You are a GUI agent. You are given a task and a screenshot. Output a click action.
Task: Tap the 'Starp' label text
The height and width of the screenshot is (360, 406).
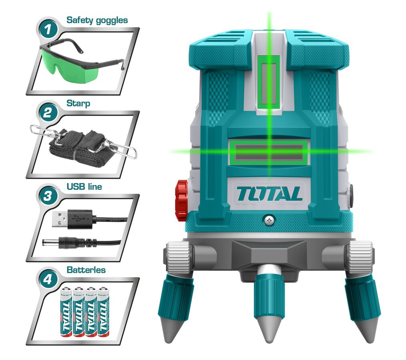point(78,103)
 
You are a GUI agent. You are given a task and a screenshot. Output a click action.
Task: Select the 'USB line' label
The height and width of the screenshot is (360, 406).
point(84,186)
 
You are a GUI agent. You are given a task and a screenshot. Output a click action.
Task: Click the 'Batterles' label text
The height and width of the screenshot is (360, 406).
point(86,270)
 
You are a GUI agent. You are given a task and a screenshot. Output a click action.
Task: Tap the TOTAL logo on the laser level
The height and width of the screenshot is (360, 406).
point(269,194)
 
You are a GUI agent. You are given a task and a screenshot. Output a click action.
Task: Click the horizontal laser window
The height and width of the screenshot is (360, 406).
point(269,152)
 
